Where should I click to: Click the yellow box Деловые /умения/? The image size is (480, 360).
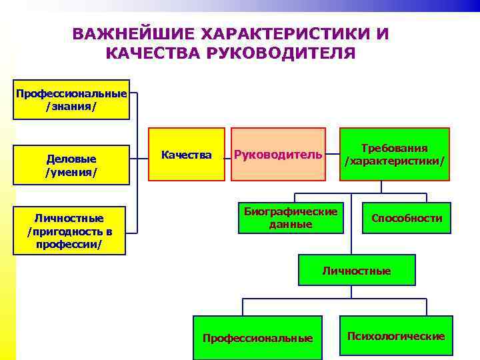[71, 165]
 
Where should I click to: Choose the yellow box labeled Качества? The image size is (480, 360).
[187, 155]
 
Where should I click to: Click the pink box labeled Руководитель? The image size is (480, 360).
[278, 155]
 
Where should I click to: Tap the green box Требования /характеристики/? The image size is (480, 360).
[395, 155]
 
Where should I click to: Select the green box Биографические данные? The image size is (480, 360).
[291, 218]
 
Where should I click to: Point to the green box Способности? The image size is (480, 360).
[407, 218]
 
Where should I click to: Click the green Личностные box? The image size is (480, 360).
[357, 271]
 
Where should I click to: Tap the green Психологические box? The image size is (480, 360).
[396, 336]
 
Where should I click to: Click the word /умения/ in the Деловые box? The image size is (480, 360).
[71, 172]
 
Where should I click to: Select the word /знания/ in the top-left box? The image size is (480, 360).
[71, 106]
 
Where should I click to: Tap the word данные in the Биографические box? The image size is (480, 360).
[291, 224]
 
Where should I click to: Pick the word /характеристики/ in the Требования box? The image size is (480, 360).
[395, 161]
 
